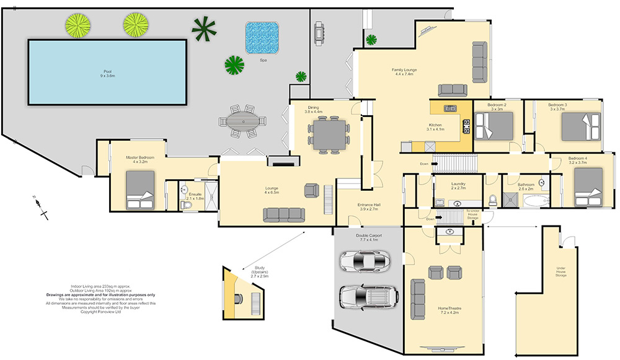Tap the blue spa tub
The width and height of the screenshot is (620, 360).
coord(261,38)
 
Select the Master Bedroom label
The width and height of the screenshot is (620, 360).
coord(139,159)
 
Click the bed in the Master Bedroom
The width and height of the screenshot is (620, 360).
coord(140,190)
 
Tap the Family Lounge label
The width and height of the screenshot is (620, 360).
coord(404,72)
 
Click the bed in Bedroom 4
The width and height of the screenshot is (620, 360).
coord(587,186)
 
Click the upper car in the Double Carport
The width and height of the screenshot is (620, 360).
coord(365,261)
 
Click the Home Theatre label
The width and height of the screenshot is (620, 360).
coord(448,310)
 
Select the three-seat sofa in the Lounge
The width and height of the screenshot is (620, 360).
coord(285,214)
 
